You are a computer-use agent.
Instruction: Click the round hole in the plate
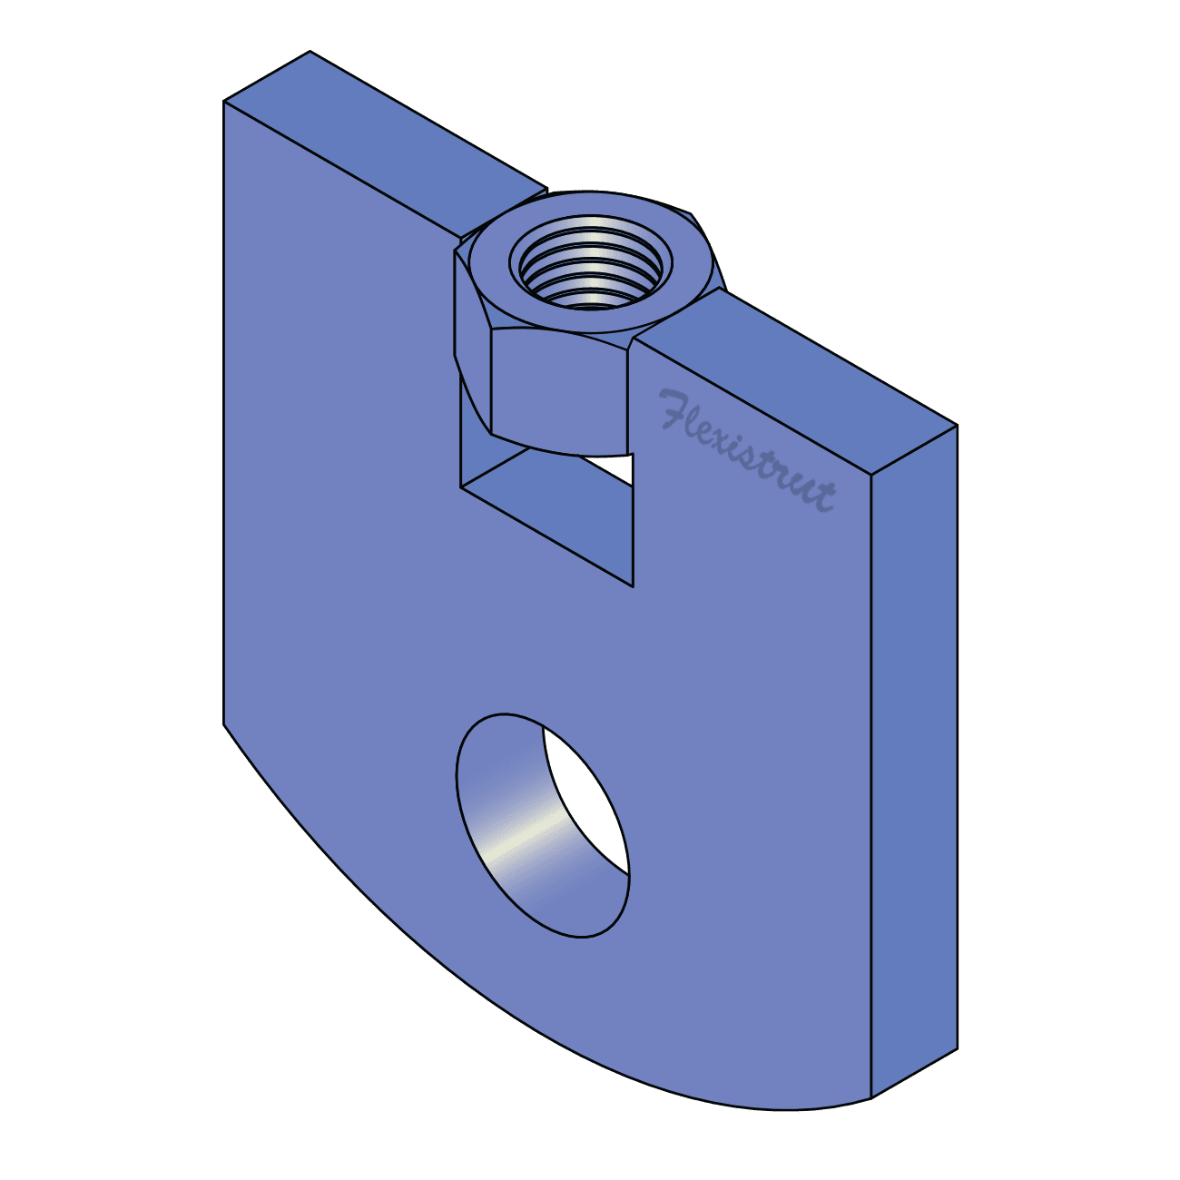pyautogui.click(x=542, y=824)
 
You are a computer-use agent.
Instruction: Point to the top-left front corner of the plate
pyautogui.click(x=224, y=103)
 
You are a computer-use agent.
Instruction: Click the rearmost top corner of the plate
pyautogui.click(x=310, y=52)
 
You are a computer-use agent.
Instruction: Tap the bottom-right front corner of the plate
pyautogui.click(x=871, y=1098)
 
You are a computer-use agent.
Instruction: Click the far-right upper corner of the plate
pyautogui.click(x=957, y=426)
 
